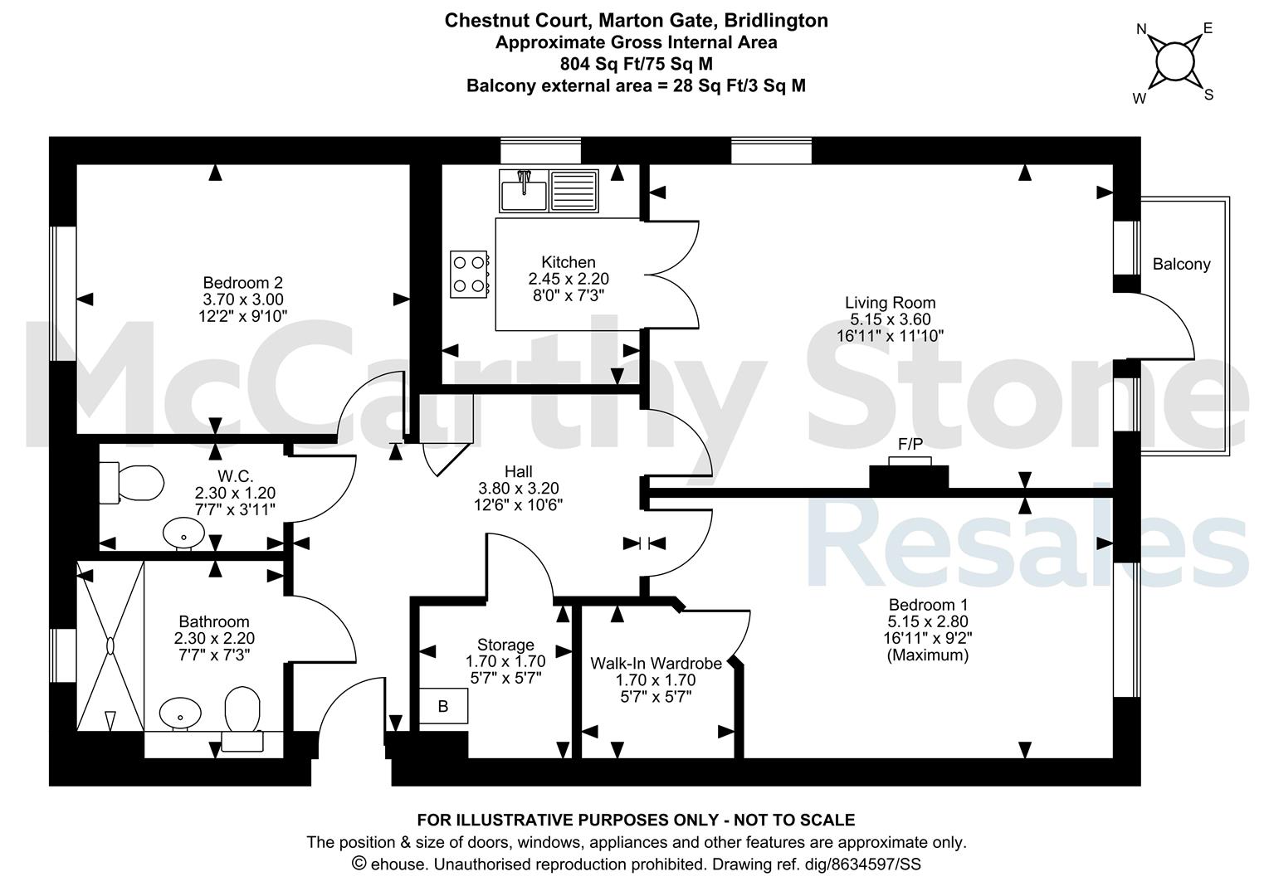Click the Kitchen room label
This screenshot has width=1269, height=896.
569,262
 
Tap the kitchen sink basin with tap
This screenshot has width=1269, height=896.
524,191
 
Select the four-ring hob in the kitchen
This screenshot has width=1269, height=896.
469,274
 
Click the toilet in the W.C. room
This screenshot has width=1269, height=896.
131,483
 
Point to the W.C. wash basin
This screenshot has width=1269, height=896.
183,533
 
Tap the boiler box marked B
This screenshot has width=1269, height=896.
443,706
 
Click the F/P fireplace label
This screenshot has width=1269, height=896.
910,444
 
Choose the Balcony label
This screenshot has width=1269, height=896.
1181,264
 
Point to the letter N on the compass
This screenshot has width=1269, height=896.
1142,29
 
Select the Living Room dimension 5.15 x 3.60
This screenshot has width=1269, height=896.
890,319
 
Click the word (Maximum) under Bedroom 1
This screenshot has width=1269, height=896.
927,655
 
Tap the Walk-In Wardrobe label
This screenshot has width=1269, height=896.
656,663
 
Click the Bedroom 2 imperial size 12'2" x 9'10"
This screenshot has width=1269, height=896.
243,316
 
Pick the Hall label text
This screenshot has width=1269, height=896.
519,471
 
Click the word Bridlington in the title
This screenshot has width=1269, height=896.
776,21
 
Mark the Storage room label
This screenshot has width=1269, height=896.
505,645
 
